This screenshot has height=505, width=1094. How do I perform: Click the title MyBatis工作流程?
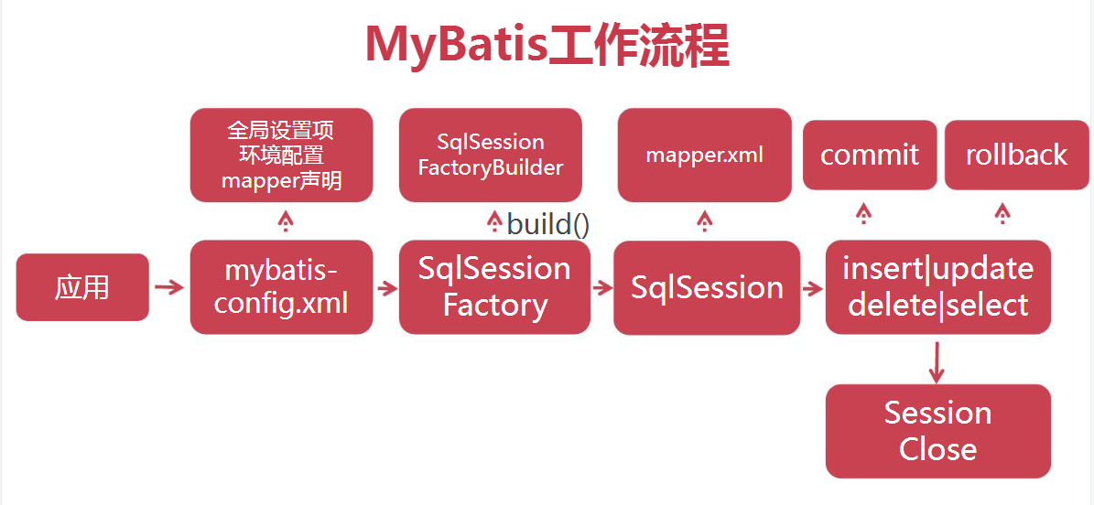[547, 46]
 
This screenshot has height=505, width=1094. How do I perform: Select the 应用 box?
[82, 287]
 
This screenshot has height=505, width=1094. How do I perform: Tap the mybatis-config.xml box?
[281, 287]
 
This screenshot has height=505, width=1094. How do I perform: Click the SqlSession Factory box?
[494, 287]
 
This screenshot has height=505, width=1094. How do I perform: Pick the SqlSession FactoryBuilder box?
[491, 155]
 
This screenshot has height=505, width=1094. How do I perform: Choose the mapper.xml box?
[704, 155]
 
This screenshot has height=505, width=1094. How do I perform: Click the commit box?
[870, 155]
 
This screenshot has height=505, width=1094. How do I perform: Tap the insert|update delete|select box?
[937, 287]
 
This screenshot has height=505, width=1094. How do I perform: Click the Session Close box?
[937, 431]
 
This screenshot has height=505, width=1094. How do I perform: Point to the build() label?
[547, 224]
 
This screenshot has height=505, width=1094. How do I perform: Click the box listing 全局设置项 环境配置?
[281, 155]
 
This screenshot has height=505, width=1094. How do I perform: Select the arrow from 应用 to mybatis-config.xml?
[169, 287]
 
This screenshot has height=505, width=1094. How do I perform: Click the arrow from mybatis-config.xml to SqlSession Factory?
[386, 288]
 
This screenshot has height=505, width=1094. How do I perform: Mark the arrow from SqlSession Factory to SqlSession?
[601, 288]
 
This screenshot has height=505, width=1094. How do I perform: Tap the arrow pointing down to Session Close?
[936, 363]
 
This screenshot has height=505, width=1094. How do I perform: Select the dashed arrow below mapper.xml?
[704, 220]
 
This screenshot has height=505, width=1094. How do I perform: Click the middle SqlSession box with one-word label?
[707, 287]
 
